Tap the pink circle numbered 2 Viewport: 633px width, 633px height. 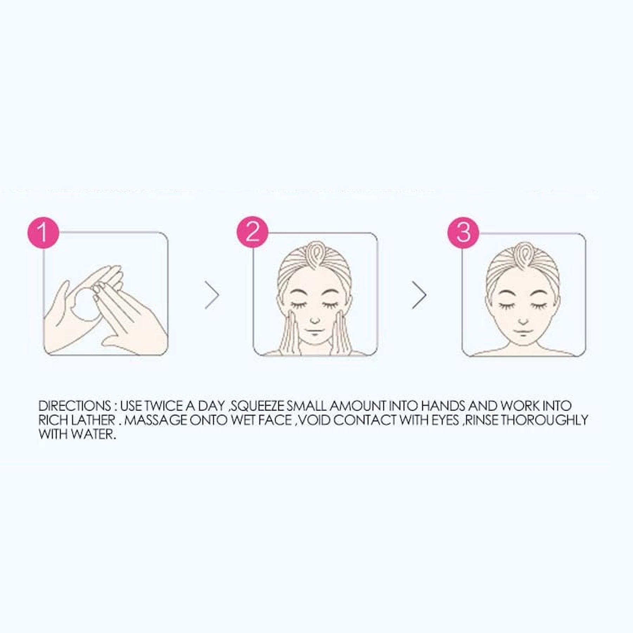point(252,232)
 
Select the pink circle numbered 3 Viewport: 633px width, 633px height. point(463,232)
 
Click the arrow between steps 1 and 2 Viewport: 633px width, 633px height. point(212,295)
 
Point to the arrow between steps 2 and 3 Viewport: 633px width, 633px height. point(420,295)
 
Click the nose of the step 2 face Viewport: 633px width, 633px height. point(315,321)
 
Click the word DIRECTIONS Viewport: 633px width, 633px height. point(75,406)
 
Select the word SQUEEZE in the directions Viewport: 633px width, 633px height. point(258,406)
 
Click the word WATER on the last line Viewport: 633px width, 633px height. point(93,434)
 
